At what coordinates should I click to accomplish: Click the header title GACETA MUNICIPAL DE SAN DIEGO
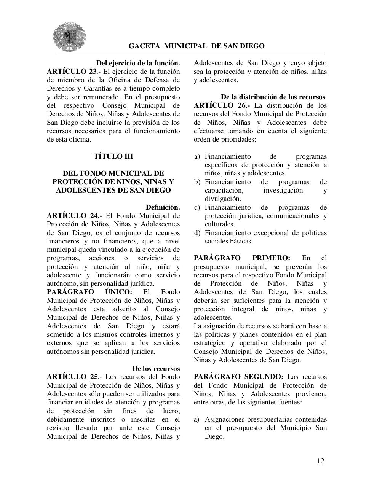(x=196, y=46)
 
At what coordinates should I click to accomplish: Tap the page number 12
(x=320, y=461)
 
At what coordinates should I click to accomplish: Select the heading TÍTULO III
(x=113, y=156)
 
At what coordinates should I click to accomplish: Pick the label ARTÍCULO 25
(x=72, y=377)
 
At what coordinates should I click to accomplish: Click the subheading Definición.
(x=163, y=207)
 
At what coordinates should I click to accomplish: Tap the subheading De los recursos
(x=156, y=369)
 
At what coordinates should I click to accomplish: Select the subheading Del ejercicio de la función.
(x=138, y=63)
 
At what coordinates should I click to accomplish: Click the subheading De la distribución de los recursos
(x=273, y=97)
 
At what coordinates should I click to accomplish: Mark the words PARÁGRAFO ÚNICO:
(x=89, y=292)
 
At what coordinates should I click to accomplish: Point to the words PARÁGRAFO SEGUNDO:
(x=238, y=377)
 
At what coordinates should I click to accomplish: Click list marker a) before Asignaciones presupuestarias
(x=197, y=419)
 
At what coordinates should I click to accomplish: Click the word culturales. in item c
(x=220, y=224)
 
